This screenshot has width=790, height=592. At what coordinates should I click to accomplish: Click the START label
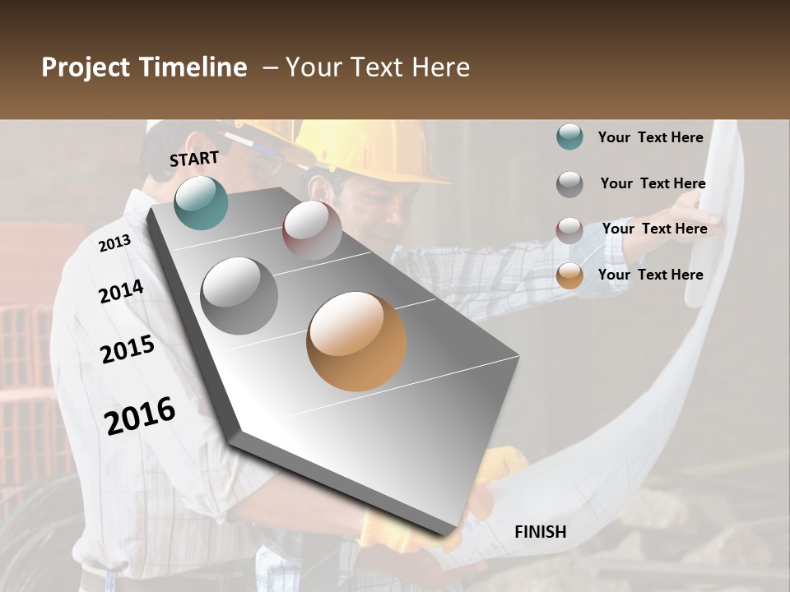click(x=194, y=159)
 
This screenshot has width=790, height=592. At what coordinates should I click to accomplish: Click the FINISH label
click(x=540, y=532)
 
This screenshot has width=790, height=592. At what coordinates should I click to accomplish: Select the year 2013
click(x=114, y=243)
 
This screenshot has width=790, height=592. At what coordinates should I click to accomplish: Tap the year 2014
click(x=121, y=292)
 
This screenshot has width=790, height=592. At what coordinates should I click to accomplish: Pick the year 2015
click(x=128, y=349)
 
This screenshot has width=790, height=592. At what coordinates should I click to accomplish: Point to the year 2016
click(x=140, y=416)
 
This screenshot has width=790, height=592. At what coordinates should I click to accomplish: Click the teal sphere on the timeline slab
click(x=201, y=202)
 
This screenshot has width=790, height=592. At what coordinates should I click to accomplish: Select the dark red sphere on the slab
click(x=311, y=229)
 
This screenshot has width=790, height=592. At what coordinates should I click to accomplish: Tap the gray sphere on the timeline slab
click(x=239, y=295)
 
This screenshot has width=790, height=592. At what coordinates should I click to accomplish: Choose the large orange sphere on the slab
click(x=356, y=341)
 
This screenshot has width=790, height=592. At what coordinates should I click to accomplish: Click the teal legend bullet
click(x=569, y=137)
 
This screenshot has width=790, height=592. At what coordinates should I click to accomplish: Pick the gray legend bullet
click(x=569, y=184)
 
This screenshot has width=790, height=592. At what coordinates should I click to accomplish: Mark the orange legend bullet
click(x=569, y=275)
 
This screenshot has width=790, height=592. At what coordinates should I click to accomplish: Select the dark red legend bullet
click(x=569, y=229)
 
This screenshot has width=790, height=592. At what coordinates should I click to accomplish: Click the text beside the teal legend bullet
click(x=650, y=137)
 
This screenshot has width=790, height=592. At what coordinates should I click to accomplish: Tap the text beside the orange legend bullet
click(x=650, y=275)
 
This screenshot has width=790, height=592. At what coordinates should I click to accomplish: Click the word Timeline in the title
click(x=193, y=67)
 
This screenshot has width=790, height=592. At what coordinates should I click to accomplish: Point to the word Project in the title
click(x=86, y=67)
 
